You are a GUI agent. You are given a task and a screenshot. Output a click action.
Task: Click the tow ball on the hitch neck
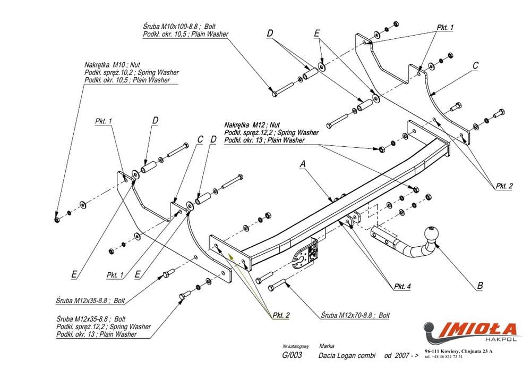click(x=430, y=235)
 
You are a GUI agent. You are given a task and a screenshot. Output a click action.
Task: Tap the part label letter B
click(x=480, y=286)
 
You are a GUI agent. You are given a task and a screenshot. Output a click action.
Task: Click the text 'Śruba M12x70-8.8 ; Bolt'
click(x=355, y=315)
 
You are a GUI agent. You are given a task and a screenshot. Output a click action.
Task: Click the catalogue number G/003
click(x=293, y=356)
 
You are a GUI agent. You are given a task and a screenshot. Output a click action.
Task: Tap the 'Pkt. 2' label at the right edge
click(x=504, y=186)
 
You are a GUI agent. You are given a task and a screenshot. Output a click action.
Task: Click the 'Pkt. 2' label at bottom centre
click(x=280, y=315)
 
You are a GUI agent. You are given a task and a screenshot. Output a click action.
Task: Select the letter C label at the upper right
click(x=476, y=66)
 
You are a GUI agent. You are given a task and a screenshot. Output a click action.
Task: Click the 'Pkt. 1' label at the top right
click(x=444, y=28)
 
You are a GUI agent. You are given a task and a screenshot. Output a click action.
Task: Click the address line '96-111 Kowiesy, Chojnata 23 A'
click(x=459, y=352)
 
